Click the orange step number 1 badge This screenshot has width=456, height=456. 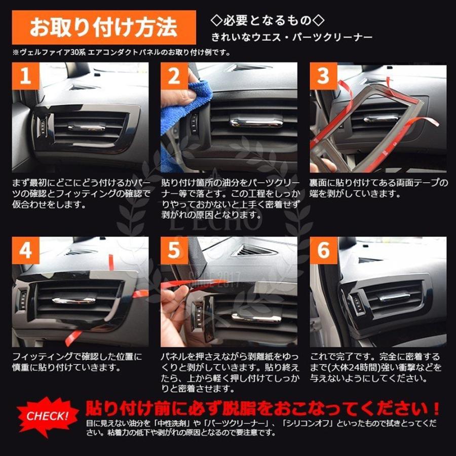[26, 76]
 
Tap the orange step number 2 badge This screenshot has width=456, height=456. [174, 76]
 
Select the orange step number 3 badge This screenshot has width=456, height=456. [323, 76]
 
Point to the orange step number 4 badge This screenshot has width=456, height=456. [26, 250]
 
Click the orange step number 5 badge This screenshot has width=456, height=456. [174, 250]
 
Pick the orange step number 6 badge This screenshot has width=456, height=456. [323, 250]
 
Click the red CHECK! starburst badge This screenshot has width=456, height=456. [48, 416]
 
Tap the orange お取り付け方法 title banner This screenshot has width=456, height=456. [104, 27]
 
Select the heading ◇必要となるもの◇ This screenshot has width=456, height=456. [267, 20]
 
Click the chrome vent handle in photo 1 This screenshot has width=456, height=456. [86, 128]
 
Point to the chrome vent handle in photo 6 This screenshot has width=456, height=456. [394, 297]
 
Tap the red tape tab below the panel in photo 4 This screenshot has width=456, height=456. [72, 337]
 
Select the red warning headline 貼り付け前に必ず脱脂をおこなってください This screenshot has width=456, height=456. [262, 408]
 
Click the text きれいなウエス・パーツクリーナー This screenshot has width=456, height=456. [292, 37]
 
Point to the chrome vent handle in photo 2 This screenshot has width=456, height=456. [256, 122]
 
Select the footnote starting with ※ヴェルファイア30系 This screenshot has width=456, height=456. [121, 53]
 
